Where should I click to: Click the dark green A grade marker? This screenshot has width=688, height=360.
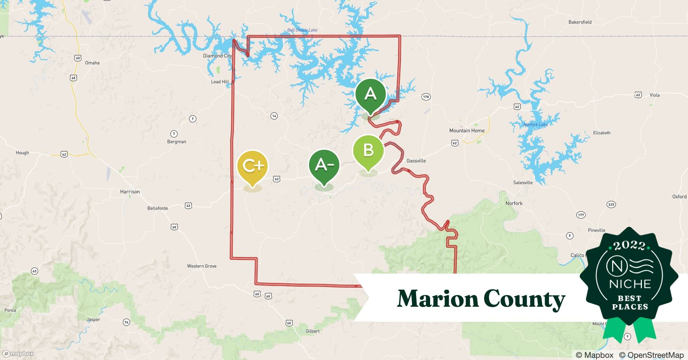pos(370,94)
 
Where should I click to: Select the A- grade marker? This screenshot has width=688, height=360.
pos(324,165)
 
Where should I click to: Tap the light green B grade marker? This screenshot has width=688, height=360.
pos(368,150)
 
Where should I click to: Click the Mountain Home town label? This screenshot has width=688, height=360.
pos(466,131)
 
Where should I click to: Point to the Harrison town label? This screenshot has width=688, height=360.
pos(130,192)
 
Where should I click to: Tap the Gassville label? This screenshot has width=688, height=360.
pos(416,161)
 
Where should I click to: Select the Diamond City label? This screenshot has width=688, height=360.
pos(218,56)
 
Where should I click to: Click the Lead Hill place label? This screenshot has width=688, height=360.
pos(220,82)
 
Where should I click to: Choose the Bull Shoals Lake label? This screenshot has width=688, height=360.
pos(302,30)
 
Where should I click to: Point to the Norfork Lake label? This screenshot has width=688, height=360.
pos(535,125)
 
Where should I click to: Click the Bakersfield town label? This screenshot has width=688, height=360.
pos(580,22)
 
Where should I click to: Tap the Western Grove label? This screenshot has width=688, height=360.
pos(202,266)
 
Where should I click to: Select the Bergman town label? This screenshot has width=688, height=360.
pos(177,141)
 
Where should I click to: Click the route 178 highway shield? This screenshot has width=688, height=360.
pos(426,97)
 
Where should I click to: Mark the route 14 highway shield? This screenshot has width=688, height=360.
pos(274,116)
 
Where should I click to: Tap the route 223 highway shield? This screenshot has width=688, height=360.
pos(611,204)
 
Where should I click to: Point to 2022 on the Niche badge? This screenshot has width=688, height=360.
pos(629,246)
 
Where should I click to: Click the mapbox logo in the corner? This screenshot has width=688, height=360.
pos(18,354)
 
